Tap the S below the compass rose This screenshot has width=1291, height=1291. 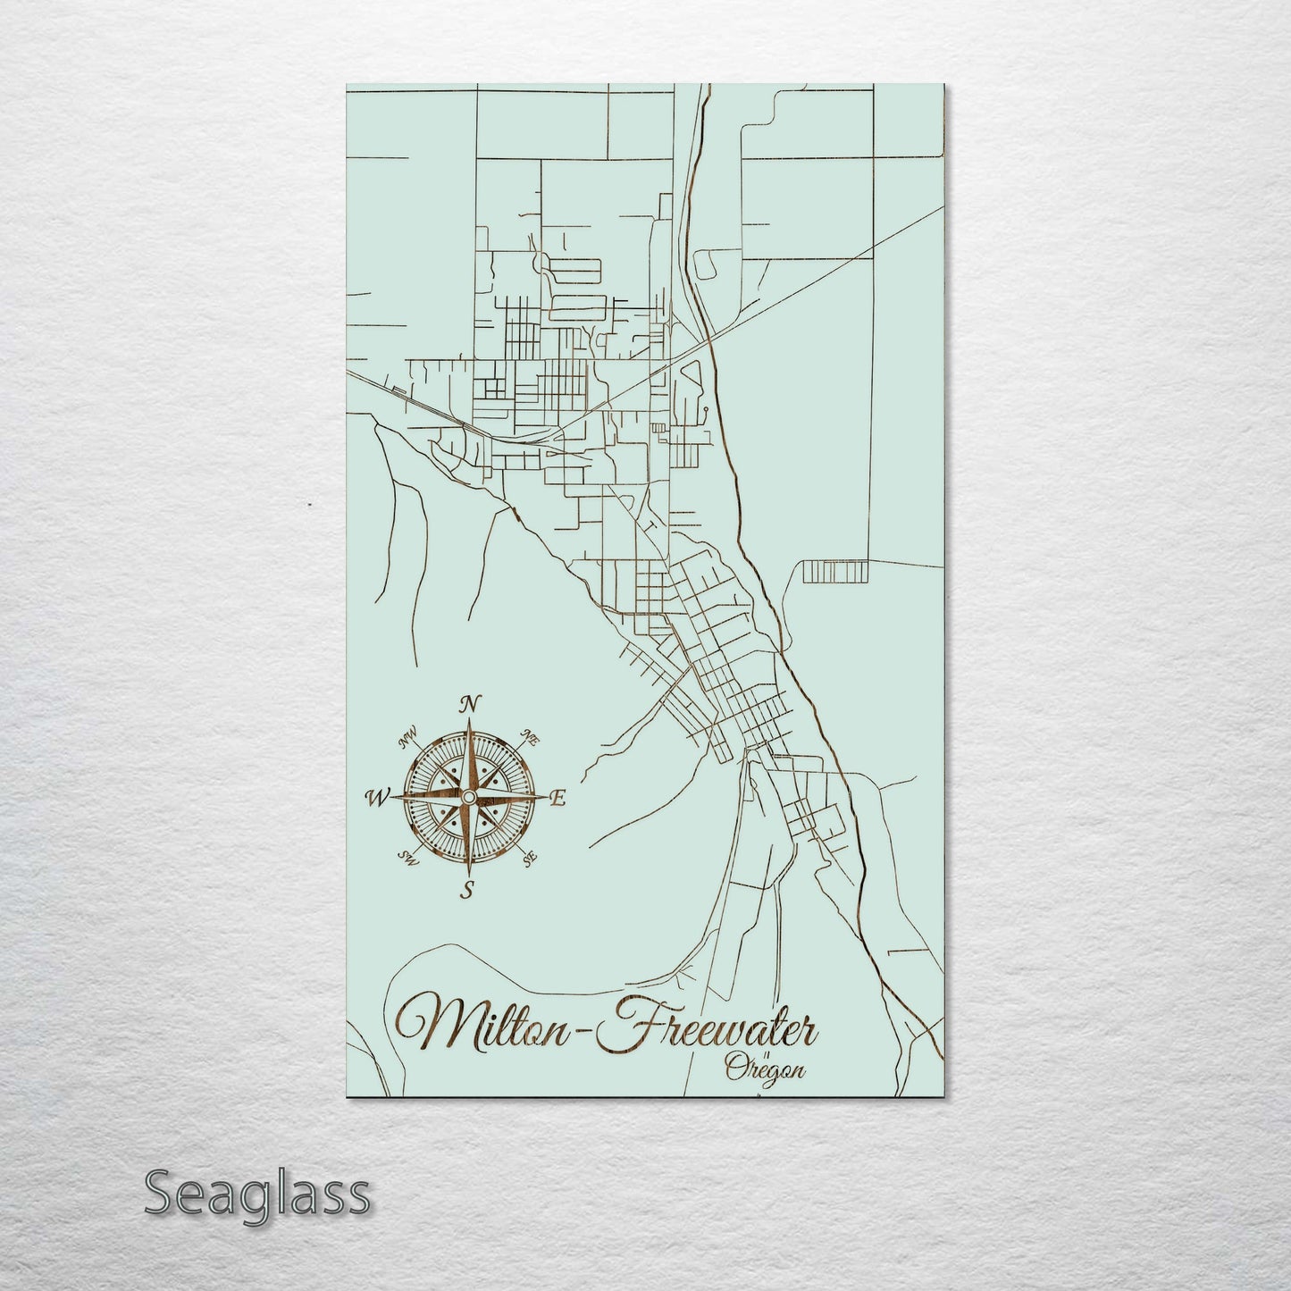click(x=466, y=888)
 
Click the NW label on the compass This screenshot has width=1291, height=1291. click(x=409, y=738)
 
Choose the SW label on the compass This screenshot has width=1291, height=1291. click(x=408, y=859)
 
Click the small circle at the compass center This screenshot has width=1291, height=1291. click(x=467, y=795)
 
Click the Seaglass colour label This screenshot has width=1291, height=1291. click(x=256, y=1194)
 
